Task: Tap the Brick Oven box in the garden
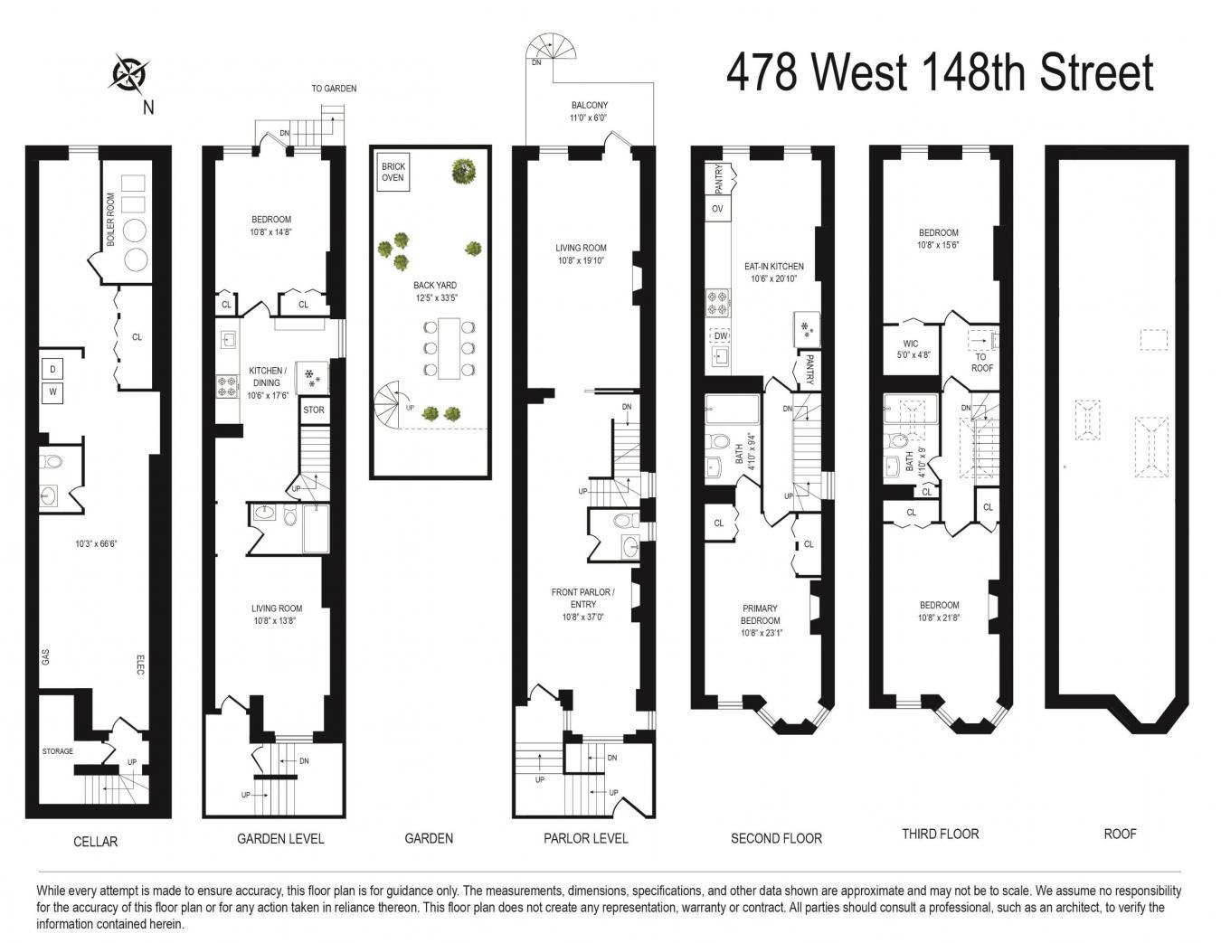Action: click(393, 172)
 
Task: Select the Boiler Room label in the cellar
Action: click(110, 220)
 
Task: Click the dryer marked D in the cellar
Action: click(52, 369)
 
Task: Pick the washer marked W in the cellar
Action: click(52, 392)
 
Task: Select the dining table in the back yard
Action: click(449, 348)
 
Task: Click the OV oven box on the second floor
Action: click(717, 209)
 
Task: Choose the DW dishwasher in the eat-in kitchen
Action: click(720, 335)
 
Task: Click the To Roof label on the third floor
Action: click(981, 363)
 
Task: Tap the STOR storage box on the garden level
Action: click(314, 410)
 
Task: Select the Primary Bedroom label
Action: click(761, 614)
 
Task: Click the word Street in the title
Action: click(1097, 73)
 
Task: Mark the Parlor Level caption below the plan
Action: click(585, 838)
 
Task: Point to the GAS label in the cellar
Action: click(45, 657)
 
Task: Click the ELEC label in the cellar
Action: click(140, 665)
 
